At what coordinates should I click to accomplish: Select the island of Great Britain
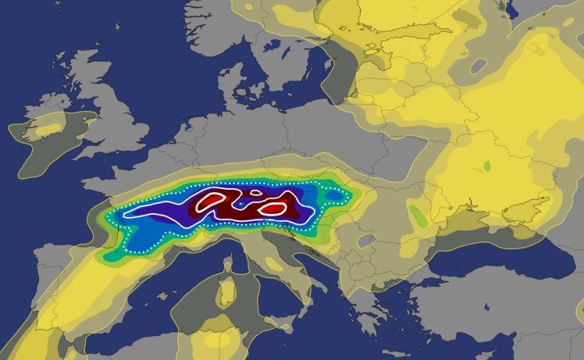pyautogui.click(x=105, y=117)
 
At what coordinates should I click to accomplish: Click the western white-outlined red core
pyautogui.click(x=212, y=202)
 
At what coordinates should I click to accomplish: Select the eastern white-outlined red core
pyautogui.click(x=271, y=209)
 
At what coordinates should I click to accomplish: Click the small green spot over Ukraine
pyautogui.click(x=487, y=166)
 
